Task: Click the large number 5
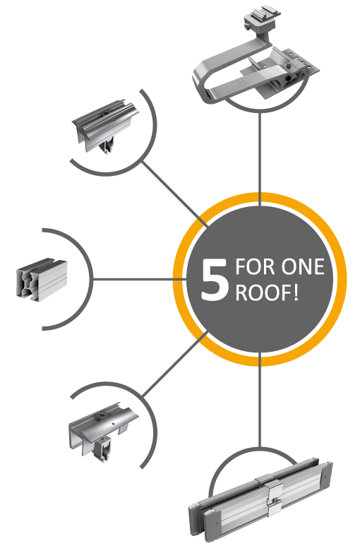(215, 280)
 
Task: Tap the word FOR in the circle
(255, 267)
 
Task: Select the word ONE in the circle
(303, 267)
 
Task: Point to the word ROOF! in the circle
(267, 292)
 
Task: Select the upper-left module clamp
(105, 126)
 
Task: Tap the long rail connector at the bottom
(260, 499)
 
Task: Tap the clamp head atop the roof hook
(263, 18)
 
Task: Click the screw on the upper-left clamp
(105, 112)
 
